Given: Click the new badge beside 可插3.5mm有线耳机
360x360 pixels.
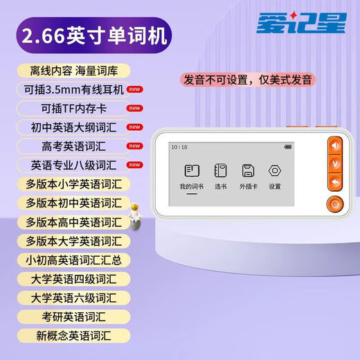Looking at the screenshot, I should point(135,89).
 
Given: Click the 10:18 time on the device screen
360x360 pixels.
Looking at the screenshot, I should point(179,147).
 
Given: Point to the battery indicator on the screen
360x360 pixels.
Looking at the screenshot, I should point(287,147).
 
